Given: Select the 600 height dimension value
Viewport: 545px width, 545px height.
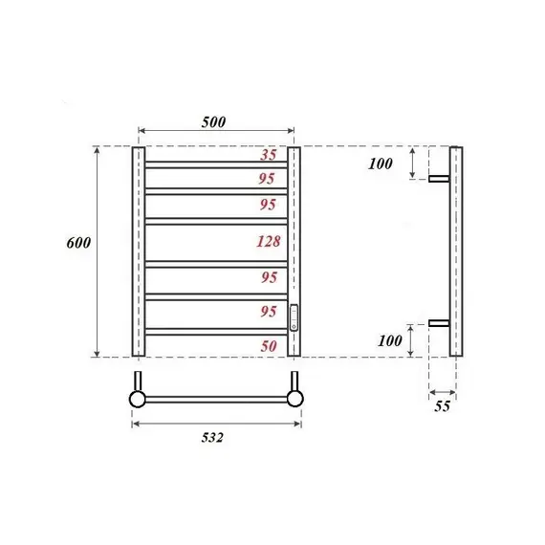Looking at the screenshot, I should click(x=78, y=243).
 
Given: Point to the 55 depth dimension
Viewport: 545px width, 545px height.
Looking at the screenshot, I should click(x=442, y=405).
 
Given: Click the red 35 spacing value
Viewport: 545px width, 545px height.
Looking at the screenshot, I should click(x=270, y=155).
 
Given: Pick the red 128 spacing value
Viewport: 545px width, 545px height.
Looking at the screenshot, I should click(x=269, y=242).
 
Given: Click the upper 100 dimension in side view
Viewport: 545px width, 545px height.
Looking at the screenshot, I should click(x=381, y=163).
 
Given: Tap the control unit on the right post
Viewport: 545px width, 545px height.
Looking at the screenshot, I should click(x=294, y=317).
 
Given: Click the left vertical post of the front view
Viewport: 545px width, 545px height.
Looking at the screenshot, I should click(x=138, y=252).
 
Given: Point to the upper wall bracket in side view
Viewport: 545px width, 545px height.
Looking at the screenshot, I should click(x=439, y=178).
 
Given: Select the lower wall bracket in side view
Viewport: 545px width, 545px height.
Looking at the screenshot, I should click(x=439, y=323).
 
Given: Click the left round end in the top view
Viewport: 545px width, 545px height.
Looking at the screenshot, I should click(x=138, y=398).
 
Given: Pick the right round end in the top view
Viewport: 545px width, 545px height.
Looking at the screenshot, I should click(x=295, y=398).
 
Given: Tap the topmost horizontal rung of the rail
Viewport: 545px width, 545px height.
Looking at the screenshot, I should click(x=216, y=165).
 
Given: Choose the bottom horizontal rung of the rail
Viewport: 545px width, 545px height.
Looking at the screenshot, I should click(x=216, y=331).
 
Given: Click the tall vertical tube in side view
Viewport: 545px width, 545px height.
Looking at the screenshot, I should click(x=456, y=252).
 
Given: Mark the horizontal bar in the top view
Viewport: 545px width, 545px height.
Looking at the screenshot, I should click(x=216, y=398).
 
